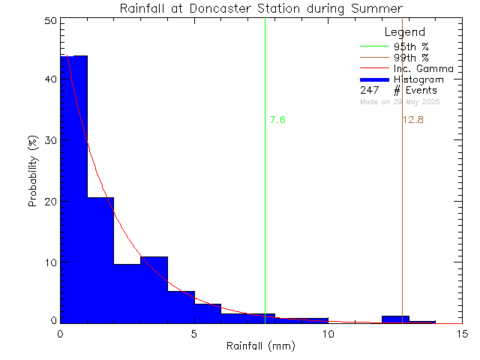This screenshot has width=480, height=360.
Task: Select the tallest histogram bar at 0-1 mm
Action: [x=73, y=187]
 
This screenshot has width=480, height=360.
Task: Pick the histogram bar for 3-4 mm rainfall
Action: [x=154, y=289]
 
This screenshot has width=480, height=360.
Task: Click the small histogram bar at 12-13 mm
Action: [x=395, y=319]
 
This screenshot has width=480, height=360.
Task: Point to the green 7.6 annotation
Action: [x=277, y=120]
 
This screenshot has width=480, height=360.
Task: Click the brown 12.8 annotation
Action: [x=413, y=120]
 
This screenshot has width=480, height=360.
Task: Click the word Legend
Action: [x=404, y=32]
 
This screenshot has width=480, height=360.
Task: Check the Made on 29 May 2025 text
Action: [x=400, y=101]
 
